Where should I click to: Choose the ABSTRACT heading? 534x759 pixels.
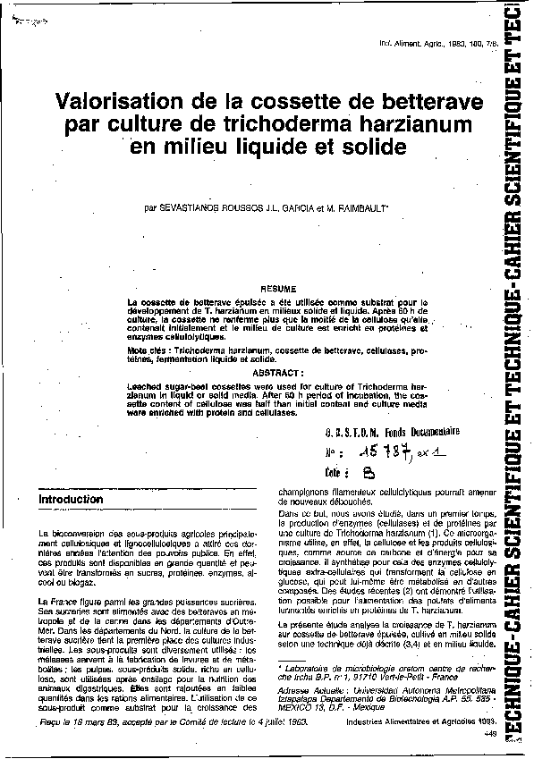279,370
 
